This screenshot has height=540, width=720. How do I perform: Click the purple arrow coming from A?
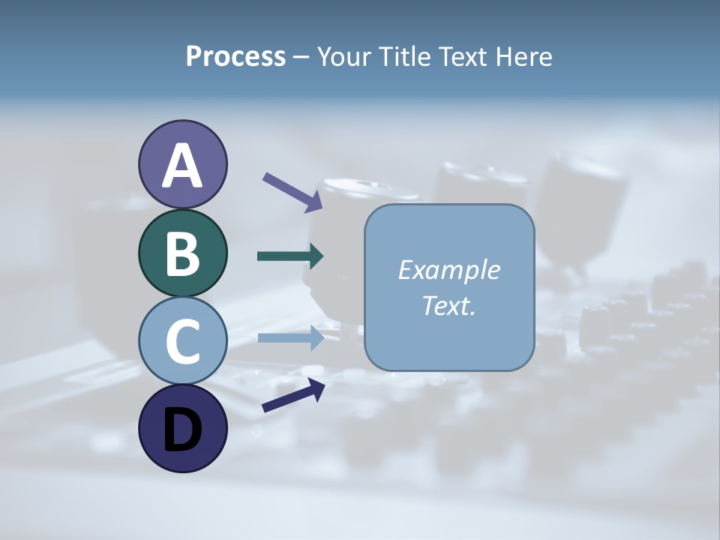292,192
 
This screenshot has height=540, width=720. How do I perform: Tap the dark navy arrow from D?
293,395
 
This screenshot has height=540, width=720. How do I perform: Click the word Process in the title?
235,57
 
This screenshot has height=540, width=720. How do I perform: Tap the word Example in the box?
448,270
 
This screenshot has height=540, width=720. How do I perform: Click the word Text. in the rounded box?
448,305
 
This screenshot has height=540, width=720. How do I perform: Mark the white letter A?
182,166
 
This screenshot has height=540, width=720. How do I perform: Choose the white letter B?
182,253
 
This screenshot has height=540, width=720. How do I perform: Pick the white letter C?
182,341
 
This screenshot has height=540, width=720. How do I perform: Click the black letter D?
182,430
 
